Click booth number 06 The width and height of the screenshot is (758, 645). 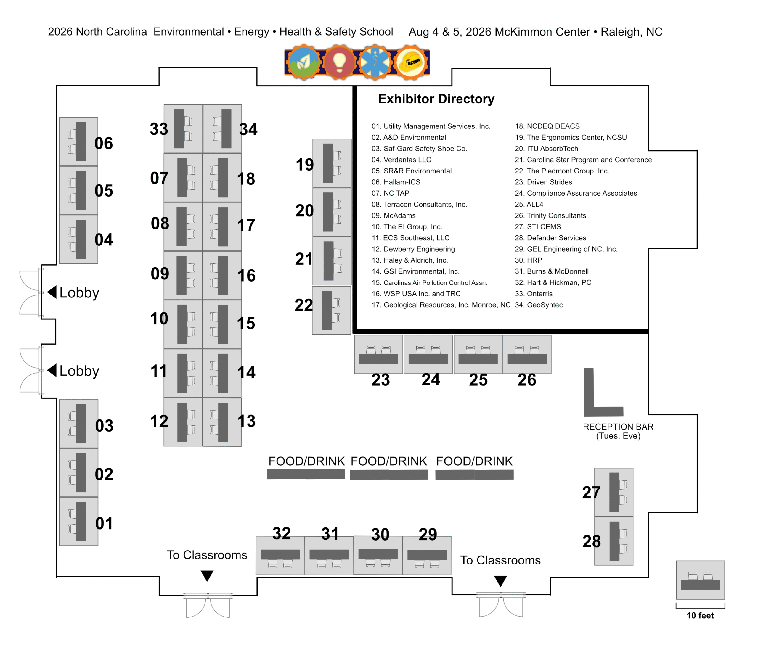(x=103, y=143)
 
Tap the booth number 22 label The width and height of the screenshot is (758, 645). (x=303, y=305)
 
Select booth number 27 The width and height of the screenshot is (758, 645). (x=591, y=492)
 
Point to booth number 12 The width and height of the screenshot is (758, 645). (x=159, y=421)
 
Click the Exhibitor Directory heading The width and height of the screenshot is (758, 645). (x=436, y=99)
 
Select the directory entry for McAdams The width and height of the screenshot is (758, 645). (x=394, y=215)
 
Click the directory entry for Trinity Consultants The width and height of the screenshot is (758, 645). (x=550, y=215)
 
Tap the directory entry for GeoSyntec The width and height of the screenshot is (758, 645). (x=539, y=305)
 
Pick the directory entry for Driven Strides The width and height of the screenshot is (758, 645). (x=543, y=182)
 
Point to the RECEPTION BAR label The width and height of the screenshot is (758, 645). (x=618, y=427)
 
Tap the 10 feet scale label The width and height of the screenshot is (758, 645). (x=700, y=615)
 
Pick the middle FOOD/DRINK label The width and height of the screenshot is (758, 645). (x=389, y=461)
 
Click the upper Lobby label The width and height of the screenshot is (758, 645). (x=79, y=293)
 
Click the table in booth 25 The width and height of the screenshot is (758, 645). (x=478, y=359)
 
